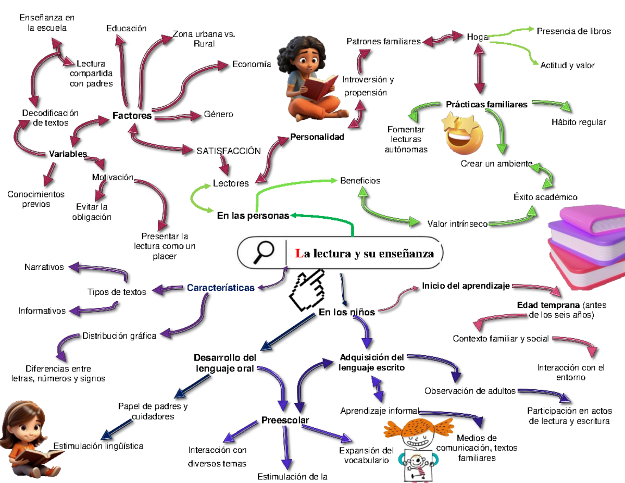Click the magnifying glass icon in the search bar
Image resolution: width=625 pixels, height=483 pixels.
[x=264, y=252]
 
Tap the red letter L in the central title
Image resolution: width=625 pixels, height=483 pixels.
[x=298, y=254]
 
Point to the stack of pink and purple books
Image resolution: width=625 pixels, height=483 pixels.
[x=583, y=245]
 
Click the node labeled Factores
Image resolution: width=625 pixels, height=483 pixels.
[x=132, y=116]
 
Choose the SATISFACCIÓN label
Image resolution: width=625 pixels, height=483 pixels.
[x=228, y=151]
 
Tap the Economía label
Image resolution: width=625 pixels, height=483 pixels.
[x=252, y=64]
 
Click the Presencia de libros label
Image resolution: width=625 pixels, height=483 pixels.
[x=573, y=31]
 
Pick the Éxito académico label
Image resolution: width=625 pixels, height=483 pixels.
[x=545, y=197]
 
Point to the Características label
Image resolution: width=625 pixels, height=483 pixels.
[x=220, y=288]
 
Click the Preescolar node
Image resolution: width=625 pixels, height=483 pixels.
[x=285, y=420]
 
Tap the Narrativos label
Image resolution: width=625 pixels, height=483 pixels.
[x=44, y=267]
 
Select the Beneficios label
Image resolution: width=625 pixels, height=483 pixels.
[x=360, y=181]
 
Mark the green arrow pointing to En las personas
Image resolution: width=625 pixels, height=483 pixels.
[x=323, y=218]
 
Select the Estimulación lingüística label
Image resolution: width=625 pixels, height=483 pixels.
[x=98, y=446]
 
